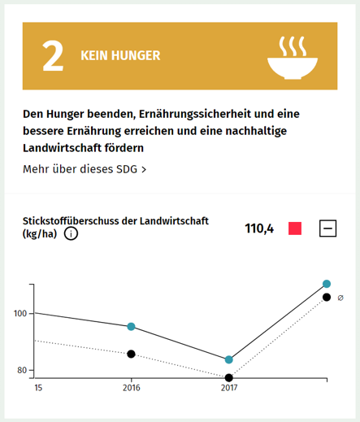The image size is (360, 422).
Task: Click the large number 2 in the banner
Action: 53,56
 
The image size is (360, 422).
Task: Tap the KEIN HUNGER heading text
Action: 120,56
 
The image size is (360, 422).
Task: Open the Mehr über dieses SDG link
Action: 85,169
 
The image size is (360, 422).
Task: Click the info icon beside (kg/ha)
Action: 72,234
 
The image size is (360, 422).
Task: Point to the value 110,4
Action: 259,228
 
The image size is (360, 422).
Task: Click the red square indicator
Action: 294,228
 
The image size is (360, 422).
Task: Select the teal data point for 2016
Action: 131,327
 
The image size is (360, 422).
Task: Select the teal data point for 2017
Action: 229,359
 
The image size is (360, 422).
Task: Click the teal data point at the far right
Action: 327,284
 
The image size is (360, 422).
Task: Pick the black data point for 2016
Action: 131,354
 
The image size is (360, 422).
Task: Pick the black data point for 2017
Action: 229,377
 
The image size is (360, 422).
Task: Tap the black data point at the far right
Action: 327,298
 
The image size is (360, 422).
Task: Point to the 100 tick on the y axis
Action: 20,314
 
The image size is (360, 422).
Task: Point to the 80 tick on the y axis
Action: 22,371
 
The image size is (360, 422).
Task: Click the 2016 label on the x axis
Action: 131,388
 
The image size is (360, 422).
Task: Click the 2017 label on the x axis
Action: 229,388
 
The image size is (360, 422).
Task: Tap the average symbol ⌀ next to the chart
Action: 340,298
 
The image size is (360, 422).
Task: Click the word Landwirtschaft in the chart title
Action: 175,220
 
